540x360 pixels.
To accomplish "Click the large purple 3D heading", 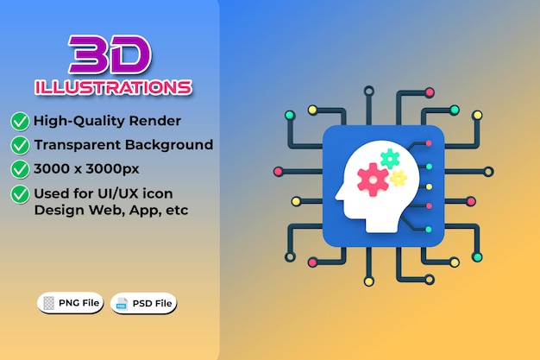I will pyautogui.click(x=110, y=56).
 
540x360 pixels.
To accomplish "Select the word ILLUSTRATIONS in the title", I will pyautogui.click(x=113, y=87).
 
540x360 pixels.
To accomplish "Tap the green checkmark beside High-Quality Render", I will pyautogui.click(x=20, y=121).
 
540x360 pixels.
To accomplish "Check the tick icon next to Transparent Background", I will pyautogui.click(x=20, y=145).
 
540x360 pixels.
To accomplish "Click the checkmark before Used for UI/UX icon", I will pyautogui.click(x=20, y=194).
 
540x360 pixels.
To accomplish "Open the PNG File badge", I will pyautogui.click(x=71, y=302).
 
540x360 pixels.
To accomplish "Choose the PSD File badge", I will pyautogui.click(x=143, y=303).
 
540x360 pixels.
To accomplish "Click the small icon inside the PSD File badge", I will pyautogui.click(x=122, y=303).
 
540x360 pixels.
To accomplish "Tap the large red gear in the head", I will pyautogui.click(x=373, y=180).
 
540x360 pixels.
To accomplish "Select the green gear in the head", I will pyautogui.click(x=390, y=158).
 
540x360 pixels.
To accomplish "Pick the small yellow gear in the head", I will pyautogui.click(x=398, y=178).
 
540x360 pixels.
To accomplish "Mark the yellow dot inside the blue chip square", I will pyautogui.click(x=429, y=186).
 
